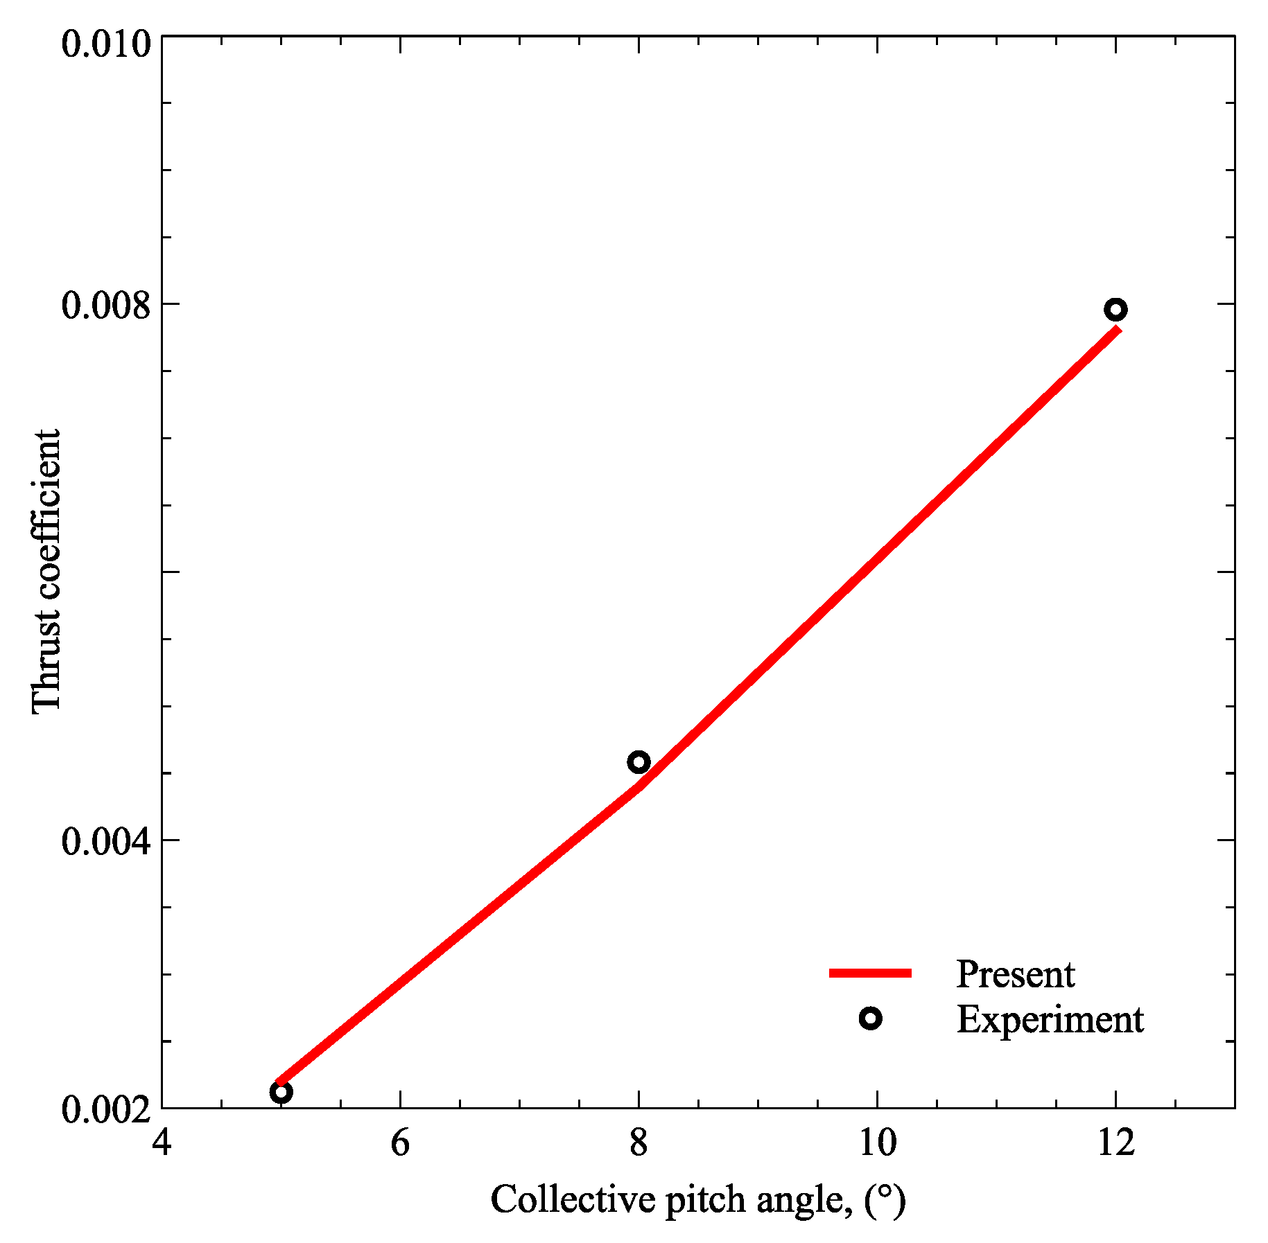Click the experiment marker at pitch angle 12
click(1115, 310)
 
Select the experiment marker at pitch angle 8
click(639, 762)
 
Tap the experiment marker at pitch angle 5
click(281, 1093)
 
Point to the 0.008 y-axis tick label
click(106, 305)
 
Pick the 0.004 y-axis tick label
click(106, 841)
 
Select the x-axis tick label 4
click(162, 1144)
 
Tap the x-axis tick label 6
click(400, 1144)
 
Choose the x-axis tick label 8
click(639, 1144)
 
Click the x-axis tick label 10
click(877, 1144)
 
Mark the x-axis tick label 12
click(1115, 1144)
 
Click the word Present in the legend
click(1015, 975)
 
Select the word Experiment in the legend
click(1050, 1020)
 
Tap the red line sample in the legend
click(870, 973)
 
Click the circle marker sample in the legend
click(870, 1019)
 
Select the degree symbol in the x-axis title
click(885, 1193)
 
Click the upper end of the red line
click(1117, 330)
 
